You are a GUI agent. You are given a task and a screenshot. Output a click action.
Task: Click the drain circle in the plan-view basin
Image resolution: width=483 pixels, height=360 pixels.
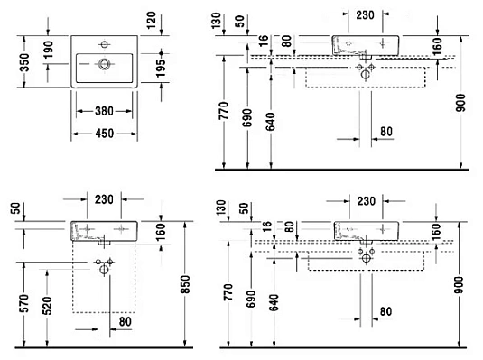click(102, 63)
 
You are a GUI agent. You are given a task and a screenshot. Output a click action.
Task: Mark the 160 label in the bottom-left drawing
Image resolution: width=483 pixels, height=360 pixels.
click(158, 233)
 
